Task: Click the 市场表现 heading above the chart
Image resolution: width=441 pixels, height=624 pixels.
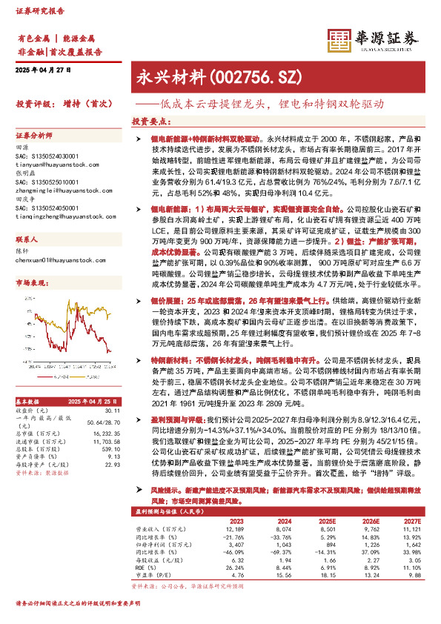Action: [30, 283]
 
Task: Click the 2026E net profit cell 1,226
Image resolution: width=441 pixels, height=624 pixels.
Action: [371, 545]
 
